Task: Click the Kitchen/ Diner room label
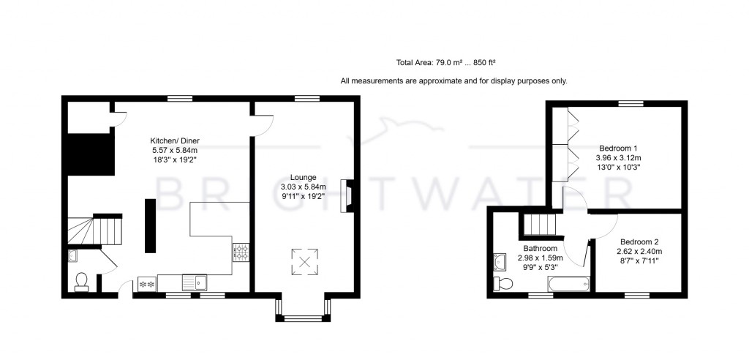(x=175, y=140)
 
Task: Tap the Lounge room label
(x=303, y=177)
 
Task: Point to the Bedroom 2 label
(x=639, y=241)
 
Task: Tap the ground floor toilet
(x=82, y=281)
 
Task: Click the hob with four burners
(x=241, y=252)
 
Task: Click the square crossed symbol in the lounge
(x=305, y=261)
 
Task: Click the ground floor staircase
(x=94, y=229)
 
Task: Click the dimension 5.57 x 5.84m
(x=175, y=150)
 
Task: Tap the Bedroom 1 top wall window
(x=630, y=104)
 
